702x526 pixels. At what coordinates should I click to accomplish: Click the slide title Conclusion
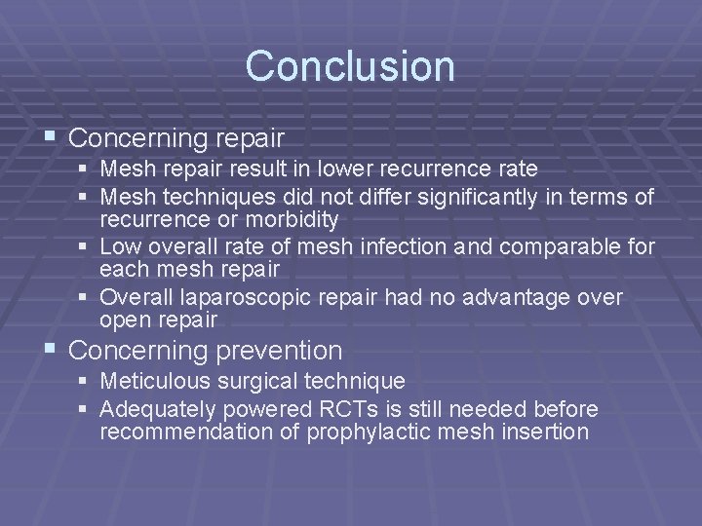tap(350, 66)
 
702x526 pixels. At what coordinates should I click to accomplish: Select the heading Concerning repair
tap(176, 134)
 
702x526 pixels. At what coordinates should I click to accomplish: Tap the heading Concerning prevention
tap(206, 350)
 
